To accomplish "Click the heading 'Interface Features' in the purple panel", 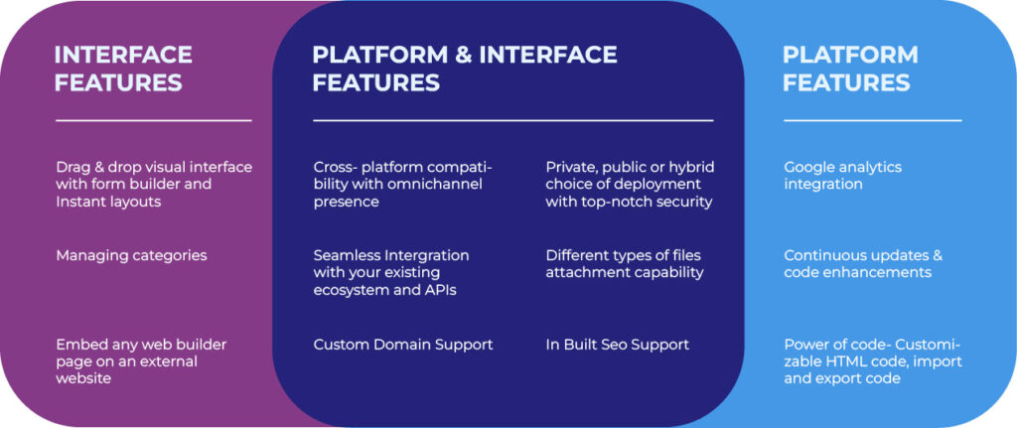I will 123,68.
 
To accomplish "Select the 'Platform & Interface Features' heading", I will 464,68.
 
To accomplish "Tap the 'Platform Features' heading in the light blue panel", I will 849,68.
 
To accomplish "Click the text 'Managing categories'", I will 131,255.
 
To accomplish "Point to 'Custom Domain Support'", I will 402,345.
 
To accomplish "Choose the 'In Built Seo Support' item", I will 617,345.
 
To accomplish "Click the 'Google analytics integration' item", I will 842,175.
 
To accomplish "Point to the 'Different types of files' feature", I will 624,263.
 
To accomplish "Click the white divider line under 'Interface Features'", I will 153,120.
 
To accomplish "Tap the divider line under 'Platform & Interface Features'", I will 512,120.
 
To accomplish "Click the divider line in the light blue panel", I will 872,120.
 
